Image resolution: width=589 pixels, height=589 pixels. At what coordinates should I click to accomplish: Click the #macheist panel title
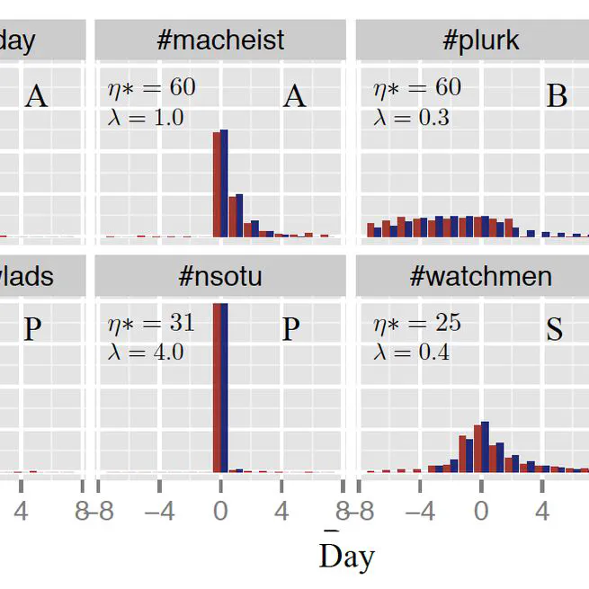[219, 40]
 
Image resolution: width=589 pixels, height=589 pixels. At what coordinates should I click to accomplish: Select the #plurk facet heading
[481, 40]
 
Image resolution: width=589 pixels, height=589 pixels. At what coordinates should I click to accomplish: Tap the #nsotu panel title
[219, 275]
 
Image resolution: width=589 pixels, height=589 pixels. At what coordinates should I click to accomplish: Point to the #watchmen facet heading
[480, 275]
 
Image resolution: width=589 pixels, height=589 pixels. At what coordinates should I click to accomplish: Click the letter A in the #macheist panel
[294, 95]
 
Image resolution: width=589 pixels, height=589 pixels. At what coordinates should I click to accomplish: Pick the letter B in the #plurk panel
[557, 95]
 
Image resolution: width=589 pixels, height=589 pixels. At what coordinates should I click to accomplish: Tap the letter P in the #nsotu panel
[290, 330]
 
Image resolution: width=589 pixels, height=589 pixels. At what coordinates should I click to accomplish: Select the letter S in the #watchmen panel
[555, 330]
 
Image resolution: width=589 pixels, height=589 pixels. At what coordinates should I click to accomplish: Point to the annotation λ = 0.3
[411, 117]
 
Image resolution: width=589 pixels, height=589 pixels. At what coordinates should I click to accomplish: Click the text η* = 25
[416, 323]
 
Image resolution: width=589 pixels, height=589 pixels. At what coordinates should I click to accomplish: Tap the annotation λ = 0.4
[411, 352]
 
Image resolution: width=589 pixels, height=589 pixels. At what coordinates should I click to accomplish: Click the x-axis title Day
[346, 557]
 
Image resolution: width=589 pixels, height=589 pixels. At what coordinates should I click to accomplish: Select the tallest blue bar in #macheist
[224, 183]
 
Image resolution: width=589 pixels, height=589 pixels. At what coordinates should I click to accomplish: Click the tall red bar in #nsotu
[217, 387]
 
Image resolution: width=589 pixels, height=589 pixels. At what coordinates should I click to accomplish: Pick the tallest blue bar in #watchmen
[486, 446]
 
